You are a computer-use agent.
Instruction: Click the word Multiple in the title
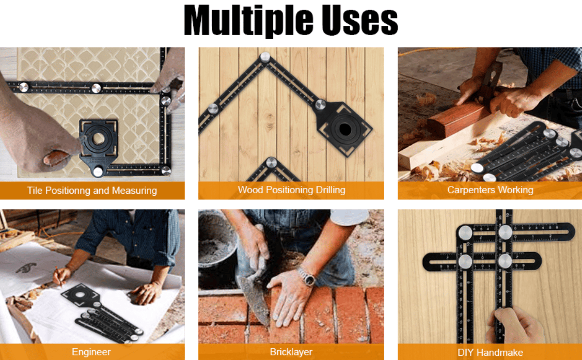(248, 21)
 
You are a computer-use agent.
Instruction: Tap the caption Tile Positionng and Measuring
(92, 191)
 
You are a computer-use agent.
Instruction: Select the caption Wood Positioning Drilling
(291, 190)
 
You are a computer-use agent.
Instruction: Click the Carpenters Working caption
(490, 190)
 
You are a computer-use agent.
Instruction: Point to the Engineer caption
(91, 352)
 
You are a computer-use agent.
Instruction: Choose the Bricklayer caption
(291, 352)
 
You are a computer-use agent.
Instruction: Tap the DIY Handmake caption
(490, 352)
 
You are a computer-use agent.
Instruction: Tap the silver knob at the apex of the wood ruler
(265, 57)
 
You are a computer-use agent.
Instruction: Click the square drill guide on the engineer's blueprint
(81, 295)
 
